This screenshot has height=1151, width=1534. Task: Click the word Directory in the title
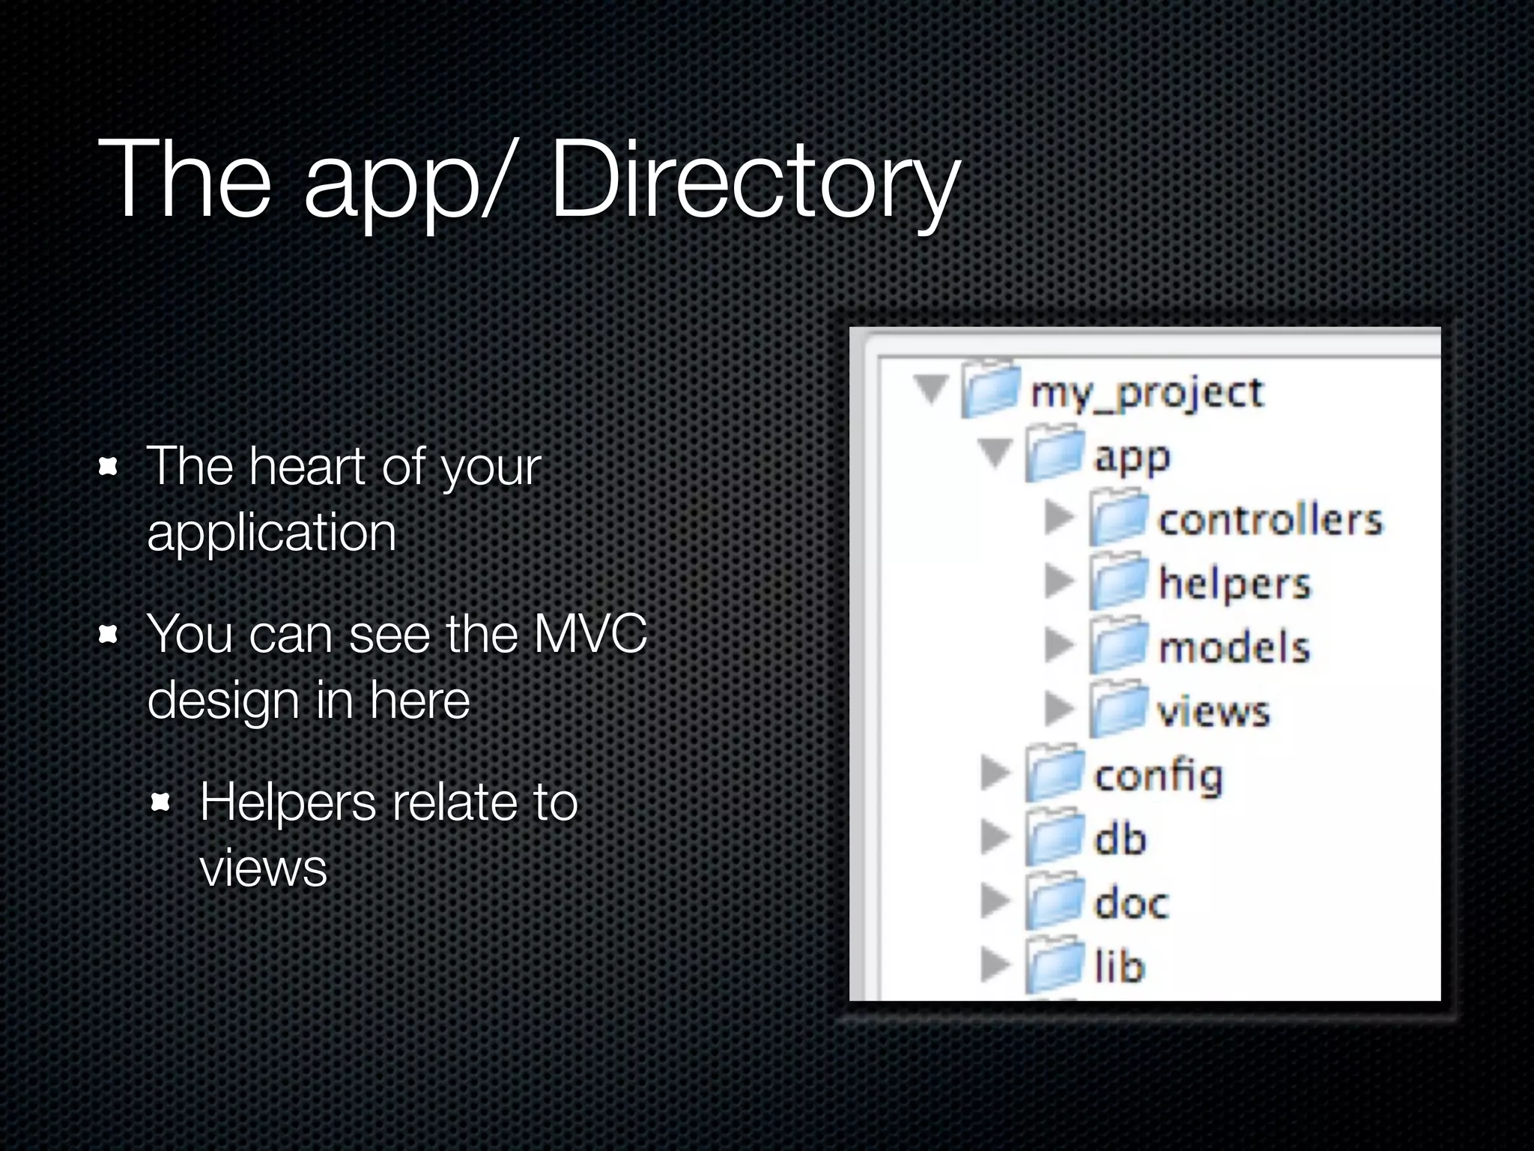click(754, 184)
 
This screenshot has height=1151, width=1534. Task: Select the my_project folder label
click(1147, 393)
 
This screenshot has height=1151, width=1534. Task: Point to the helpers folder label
click(1234, 584)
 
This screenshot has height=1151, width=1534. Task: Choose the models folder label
click(1234, 647)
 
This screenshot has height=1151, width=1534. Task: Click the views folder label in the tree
click(1213, 711)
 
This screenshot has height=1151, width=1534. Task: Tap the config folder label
click(1158, 776)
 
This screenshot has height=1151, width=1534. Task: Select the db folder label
click(1120, 839)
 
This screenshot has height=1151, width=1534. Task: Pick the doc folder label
click(1131, 903)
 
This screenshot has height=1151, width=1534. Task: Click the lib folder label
click(1120, 966)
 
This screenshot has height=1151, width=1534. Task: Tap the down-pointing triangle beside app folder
click(995, 453)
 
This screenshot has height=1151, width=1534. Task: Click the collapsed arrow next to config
click(995, 773)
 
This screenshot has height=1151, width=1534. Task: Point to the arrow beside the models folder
click(1058, 645)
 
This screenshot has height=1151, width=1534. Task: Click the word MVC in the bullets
click(589, 634)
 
